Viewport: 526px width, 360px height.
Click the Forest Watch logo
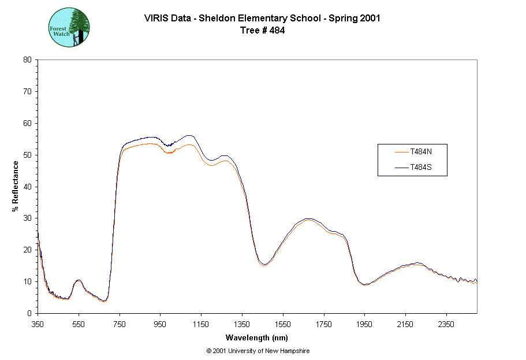coord(69,27)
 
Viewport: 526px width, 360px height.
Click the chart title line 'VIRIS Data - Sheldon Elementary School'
coord(262,18)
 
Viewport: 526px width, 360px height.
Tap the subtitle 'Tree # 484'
coord(262,31)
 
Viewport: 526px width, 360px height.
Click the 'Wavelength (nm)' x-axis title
coord(257,338)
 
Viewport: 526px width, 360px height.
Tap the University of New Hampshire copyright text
coord(258,351)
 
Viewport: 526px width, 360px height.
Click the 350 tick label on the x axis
coord(38,324)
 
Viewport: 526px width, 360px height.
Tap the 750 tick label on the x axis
coord(120,324)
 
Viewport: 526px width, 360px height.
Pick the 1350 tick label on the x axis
coord(243,324)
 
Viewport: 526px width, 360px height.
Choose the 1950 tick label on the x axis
coord(365,324)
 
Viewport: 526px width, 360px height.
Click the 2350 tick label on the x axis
coord(447,324)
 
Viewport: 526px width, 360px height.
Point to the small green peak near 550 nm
coord(79,280)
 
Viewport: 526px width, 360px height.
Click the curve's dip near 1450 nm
coord(264,265)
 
